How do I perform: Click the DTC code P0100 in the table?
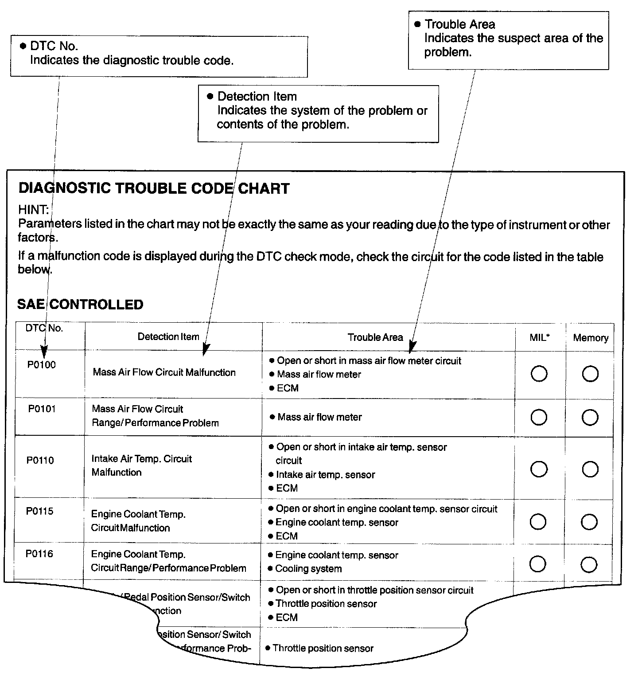[x=41, y=365]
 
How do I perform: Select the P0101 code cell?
[x=42, y=409]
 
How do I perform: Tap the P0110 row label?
[x=40, y=460]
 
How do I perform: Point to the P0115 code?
[x=39, y=511]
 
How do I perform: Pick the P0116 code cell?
[x=39, y=554]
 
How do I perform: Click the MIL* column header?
[x=539, y=337]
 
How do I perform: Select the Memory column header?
[x=590, y=338]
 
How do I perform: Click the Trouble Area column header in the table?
[x=375, y=337]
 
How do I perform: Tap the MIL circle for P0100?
[x=539, y=374]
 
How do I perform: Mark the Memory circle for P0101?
[x=590, y=418]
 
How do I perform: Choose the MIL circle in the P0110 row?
[x=538, y=469]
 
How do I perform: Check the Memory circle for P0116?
[x=588, y=564]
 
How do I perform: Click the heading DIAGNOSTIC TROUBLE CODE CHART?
[x=154, y=188]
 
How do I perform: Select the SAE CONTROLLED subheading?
[x=80, y=305]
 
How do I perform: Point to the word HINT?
[x=33, y=210]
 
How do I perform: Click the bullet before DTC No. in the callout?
[x=23, y=46]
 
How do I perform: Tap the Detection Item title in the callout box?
[x=257, y=97]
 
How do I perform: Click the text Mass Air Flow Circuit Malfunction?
[x=164, y=372]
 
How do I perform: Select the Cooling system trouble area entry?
[x=308, y=569]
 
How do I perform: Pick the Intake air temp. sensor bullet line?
[x=325, y=475]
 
